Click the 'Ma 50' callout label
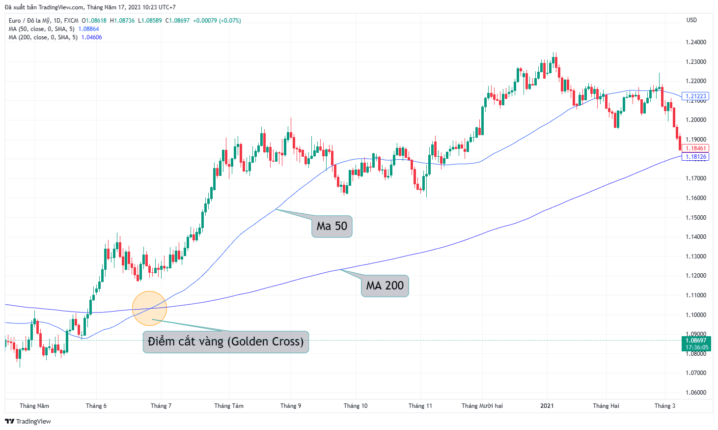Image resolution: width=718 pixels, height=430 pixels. (332, 227)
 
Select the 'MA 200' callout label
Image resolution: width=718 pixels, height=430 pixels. (385, 286)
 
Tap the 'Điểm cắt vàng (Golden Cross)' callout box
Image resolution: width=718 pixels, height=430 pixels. (225, 342)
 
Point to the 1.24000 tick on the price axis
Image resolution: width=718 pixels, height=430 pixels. (696, 42)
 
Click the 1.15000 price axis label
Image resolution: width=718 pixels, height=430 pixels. (696, 217)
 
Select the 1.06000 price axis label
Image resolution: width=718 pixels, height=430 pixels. (696, 393)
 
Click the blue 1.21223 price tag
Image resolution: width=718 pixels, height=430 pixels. (695, 96)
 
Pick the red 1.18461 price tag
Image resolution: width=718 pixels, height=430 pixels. (695, 148)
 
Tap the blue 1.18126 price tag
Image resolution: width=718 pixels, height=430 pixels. (695, 157)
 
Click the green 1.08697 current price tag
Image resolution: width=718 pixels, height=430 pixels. (696, 344)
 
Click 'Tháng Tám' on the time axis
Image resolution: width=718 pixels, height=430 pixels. (229, 406)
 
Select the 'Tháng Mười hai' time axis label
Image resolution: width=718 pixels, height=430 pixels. (482, 406)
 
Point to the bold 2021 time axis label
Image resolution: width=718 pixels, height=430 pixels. (547, 406)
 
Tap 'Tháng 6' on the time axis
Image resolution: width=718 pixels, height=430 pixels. (96, 406)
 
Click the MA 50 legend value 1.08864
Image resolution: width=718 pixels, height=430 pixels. (88, 29)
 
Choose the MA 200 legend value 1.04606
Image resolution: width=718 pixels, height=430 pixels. (92, 37)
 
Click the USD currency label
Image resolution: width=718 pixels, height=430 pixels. (691, 20)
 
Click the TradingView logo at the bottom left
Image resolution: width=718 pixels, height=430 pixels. (28, 421)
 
